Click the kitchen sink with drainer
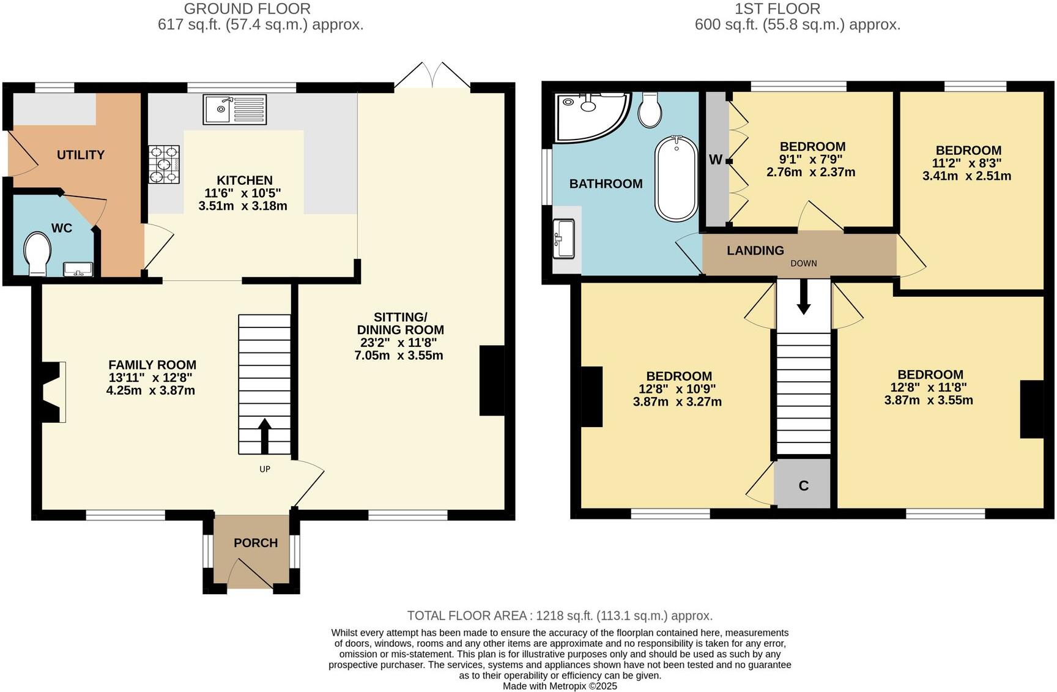tap(235, 110)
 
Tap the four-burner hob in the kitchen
tap(164, 164)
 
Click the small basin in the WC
tap(78, 269)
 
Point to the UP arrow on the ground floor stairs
tap(265, 435)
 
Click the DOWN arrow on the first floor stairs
tap(804, 297)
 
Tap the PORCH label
tap(256, 543)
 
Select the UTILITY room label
tap(81, 155)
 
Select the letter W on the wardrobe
tap(715, 160)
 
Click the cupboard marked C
tap(803, 485)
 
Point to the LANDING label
tap(755, 250)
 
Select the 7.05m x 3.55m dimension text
tap(399, 355)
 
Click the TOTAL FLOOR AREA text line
tap(560, 616)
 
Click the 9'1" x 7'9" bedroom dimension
tap(812, 160)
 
